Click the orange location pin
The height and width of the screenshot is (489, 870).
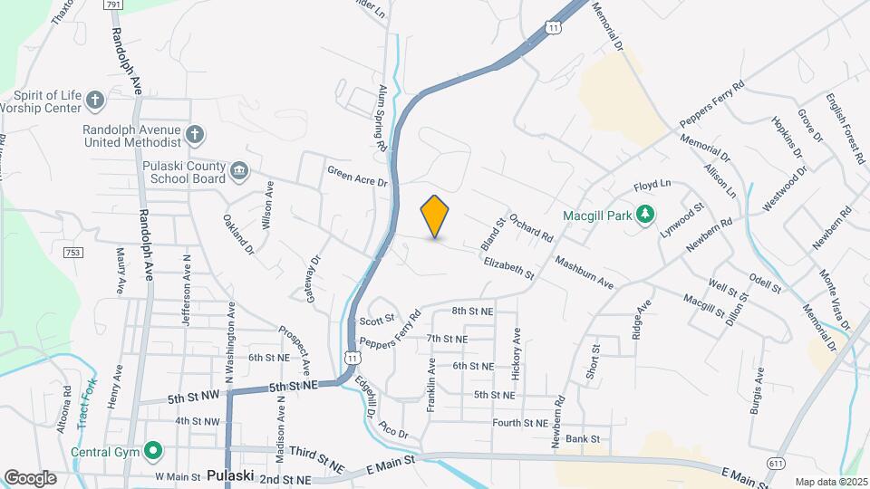[435, 216]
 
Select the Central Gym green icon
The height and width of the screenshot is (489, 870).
[153, 449]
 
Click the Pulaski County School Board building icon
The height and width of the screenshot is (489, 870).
[239, 170]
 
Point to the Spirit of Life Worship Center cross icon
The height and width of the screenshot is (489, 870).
[95, 98]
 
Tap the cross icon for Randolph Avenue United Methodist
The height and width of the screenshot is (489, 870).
[194, 136]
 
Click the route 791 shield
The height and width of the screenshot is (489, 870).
[113, 5]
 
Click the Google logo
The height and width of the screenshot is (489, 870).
[30, 477]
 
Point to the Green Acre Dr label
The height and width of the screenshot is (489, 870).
[357, 176]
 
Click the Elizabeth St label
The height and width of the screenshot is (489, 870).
[508, 267]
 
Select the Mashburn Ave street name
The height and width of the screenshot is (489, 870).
[585, 273]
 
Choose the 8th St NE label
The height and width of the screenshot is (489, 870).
[472, 311]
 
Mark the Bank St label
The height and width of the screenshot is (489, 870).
[583, 439]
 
